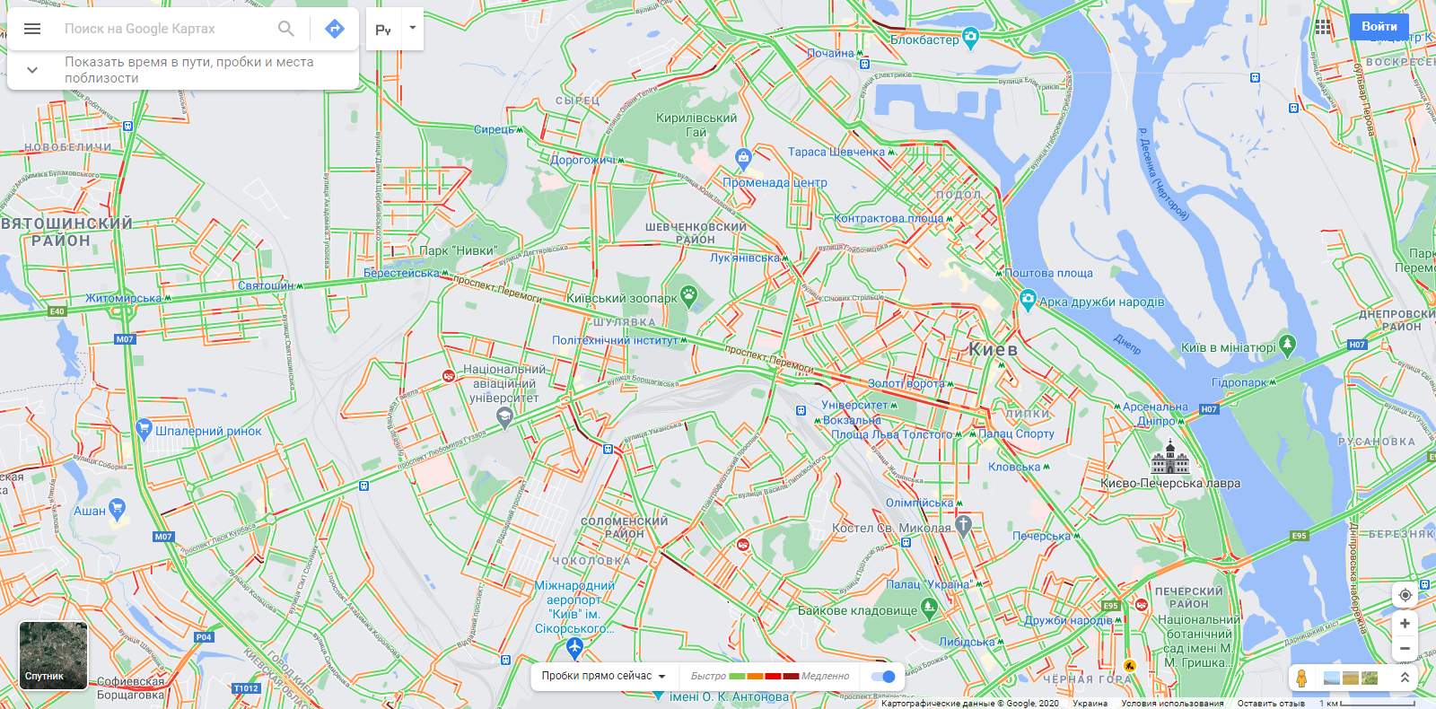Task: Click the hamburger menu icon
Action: point(32,29)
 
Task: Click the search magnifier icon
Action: point(286,29)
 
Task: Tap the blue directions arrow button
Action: point(335,29)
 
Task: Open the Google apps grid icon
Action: point(1323,27)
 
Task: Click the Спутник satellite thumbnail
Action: point(53,655)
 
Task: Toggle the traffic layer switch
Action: point(884,677)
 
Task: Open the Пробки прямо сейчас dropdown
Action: point(604,677)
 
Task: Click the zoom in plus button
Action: point(1405,624)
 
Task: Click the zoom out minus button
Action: point(1405,648)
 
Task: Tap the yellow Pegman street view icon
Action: point(1301,678)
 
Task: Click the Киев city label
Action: point(993,350)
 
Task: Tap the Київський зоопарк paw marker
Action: point(688,293)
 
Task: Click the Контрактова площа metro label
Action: point(889,218)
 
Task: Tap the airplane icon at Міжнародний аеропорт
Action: point(575,645)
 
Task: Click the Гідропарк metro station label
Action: point(1239,382)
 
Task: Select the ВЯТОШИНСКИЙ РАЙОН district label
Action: point(67,232)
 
